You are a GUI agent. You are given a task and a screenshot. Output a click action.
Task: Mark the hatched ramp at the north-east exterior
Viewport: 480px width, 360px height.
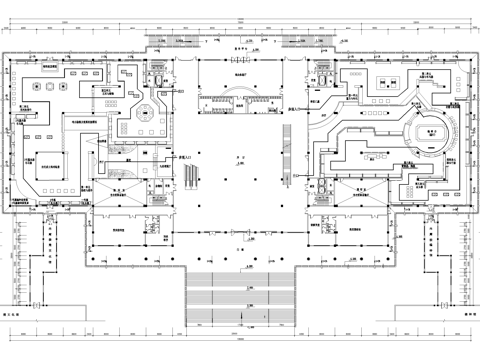pos(317,43)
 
